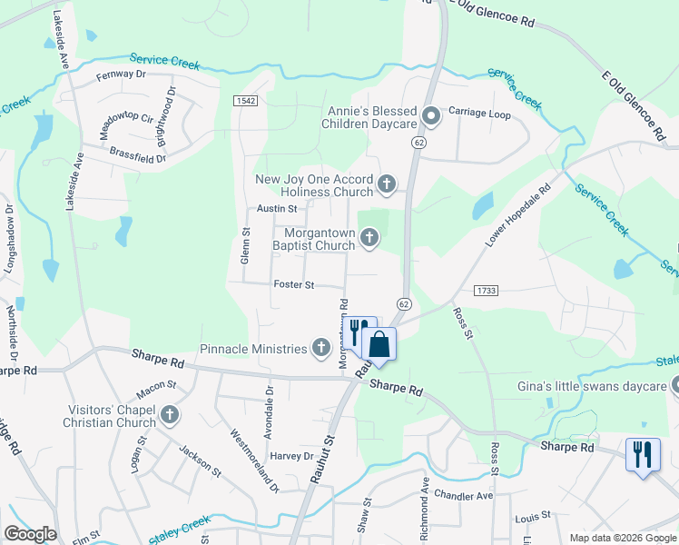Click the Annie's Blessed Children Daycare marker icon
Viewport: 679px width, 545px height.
click(432, 115)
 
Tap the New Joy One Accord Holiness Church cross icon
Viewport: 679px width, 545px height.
click(387, 185)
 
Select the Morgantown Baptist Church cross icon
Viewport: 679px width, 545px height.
click(369, 238)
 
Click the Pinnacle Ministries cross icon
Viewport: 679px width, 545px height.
click(320, 347)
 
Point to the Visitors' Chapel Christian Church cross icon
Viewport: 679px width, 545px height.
click(169, 416)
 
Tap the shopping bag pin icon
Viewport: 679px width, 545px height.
click(379, 345)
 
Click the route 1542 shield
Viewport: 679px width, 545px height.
click(243, 99)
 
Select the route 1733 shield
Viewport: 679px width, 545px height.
click(484, 289)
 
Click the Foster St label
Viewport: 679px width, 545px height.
click(293, 285)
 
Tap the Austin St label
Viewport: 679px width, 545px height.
click(277, 209)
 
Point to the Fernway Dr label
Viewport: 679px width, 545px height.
click(121, 74)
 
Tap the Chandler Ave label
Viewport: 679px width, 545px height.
click(463, 496)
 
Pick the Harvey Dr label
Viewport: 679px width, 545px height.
click(290, 456)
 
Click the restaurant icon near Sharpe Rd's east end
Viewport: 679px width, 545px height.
click(643, 453)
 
